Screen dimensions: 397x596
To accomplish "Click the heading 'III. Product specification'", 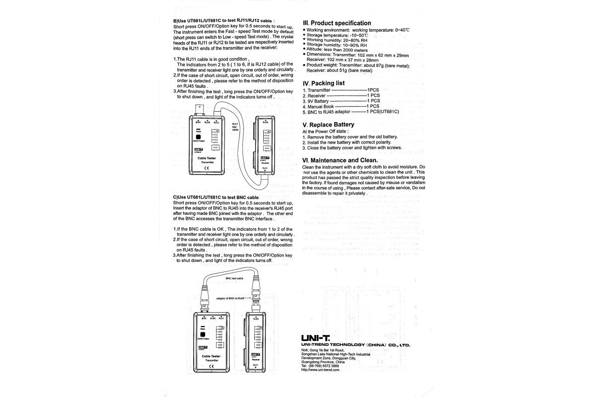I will [x=337, y=23].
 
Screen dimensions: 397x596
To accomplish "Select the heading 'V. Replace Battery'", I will [x=328, y=125].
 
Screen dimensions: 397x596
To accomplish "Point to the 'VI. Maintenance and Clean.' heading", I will [x=340, y=160].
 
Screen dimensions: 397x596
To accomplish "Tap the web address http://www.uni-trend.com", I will [x=320, y=370].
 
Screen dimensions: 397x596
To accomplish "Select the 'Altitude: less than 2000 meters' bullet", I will [x=337, y=50].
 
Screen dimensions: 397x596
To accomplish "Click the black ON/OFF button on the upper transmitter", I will [x=198, y=138].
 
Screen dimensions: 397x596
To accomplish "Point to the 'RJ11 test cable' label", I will [x=235, y=127].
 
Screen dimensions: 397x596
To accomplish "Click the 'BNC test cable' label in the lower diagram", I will [x=234, y=279].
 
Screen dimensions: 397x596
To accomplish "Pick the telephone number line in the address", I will [x=320, y=366].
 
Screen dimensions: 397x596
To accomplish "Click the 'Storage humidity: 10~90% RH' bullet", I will [x=334, y=45].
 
